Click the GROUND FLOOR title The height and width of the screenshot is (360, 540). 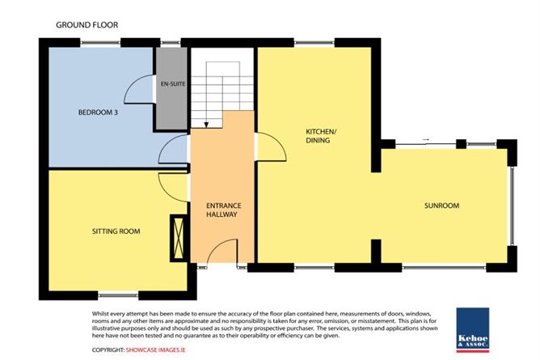click(86, 25)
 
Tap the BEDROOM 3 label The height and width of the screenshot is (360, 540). click(98, 112)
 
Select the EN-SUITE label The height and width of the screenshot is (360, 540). click(173, 83)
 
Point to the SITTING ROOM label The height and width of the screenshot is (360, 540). click(116, 231)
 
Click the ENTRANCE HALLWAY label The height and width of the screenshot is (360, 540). click(223, 210)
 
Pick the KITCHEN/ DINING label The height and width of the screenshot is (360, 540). click(321, 136)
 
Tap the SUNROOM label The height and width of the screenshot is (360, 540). click(442, 205)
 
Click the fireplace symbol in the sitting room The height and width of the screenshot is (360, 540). click(179, 238)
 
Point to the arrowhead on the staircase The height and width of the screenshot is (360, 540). click(206, 125)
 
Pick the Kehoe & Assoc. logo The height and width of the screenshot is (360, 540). click(473, 330)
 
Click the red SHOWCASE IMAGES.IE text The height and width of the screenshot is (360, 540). click(156, 349)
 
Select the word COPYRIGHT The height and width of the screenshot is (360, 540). click(108, 349)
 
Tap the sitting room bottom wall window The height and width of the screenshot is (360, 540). click(118, 295)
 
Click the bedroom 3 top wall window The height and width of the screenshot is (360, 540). click(100, 43)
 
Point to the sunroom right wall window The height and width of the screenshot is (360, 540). click(513, 205)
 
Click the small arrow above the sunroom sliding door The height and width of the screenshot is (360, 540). click(426, 139)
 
